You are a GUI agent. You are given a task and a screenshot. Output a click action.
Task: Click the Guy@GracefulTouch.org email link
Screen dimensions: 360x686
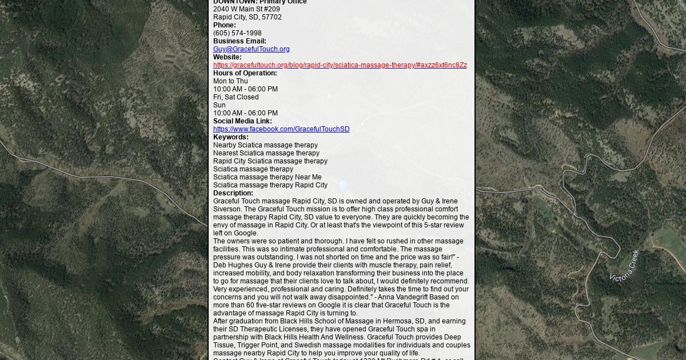point(251,49)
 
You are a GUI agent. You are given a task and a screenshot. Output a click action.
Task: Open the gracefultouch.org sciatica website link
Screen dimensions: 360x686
point(340,65)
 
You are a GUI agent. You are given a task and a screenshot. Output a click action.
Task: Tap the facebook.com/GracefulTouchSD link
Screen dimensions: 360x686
point(281,129)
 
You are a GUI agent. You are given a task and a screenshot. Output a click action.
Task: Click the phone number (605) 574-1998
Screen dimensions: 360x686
point(237,33)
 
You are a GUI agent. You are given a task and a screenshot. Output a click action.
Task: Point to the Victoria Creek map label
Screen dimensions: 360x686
point(624,266)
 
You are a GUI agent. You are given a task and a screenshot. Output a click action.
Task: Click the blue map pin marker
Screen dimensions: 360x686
point(343,186)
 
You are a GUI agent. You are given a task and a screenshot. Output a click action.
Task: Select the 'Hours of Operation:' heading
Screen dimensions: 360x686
point(245,73)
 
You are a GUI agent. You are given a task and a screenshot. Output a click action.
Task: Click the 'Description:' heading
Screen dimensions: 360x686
point(233,193)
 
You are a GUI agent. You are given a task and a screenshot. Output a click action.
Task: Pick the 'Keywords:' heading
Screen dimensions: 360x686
point(230,137)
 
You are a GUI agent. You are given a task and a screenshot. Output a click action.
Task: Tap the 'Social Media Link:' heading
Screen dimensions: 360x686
point(242,121)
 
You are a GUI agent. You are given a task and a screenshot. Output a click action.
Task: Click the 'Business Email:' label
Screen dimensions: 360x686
point(240,41)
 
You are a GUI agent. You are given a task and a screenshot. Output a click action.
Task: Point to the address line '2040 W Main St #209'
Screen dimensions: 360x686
point(246,9)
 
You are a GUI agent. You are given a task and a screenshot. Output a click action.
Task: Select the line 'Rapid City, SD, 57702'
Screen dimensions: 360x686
point(247,17)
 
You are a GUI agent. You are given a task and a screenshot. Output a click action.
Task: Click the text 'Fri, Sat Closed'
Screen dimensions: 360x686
point(236,97)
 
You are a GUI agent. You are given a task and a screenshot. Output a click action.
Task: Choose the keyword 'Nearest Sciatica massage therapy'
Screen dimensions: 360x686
point(266,153)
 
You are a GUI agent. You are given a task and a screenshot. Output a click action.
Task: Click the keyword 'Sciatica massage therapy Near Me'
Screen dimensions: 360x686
point(267,177)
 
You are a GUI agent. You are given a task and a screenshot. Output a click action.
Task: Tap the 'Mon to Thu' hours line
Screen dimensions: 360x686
point(230,81)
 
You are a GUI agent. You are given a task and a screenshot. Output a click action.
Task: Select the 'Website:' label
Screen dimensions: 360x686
point(227,57)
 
